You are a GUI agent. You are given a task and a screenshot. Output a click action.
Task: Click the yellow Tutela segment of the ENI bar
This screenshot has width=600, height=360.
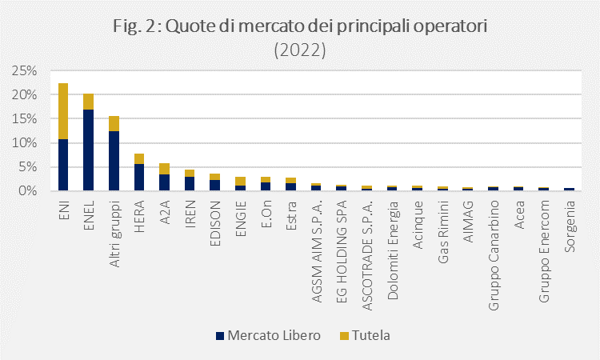click(x=63, y=111)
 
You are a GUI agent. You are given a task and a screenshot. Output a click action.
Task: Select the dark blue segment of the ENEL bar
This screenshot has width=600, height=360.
click(x=88, y=150)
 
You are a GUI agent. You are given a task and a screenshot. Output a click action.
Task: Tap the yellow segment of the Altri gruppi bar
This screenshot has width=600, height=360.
click(x=114, y=123)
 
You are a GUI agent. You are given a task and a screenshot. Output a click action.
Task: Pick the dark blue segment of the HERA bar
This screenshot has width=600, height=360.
click(x=139, y=177)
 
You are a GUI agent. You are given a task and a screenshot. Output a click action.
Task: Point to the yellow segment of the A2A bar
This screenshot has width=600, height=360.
click(x=164, y=169)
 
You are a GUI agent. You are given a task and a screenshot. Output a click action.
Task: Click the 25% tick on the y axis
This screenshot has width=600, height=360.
click(x=24, y=70)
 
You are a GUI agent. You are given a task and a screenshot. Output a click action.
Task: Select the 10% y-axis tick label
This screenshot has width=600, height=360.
click(x=24, y=143)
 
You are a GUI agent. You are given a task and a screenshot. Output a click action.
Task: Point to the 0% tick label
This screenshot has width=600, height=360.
click(x=27, y=191)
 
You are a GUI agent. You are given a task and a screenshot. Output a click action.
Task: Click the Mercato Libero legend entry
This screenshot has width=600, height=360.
click(x=268, y=335)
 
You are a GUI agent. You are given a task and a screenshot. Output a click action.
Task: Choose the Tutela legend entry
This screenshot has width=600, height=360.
click(x=365, y=335)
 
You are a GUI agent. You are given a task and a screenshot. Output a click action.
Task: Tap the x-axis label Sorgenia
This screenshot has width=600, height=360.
click(x=570, y=226)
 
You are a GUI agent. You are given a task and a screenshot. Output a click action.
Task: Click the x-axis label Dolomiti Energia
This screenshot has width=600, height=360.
click(x=393, y=250)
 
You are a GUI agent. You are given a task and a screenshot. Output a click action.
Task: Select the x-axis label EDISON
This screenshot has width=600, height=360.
click(x=215, y=223)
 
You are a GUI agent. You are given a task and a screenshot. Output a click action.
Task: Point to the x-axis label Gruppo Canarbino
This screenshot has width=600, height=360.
click(x=494, y=255)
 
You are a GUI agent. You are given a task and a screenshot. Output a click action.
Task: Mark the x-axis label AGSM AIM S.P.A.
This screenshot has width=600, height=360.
click(x=317, y=251)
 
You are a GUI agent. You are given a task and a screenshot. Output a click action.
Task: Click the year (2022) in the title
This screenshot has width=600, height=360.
click(x=300, y=50)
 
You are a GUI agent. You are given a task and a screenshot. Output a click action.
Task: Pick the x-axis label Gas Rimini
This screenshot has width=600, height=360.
click(x=443, y=232)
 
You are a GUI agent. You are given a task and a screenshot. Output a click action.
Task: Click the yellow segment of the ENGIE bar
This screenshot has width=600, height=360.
click(x=240, y=182)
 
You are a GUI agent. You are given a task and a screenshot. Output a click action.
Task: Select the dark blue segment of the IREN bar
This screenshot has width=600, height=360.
click(x=190, y=184)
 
